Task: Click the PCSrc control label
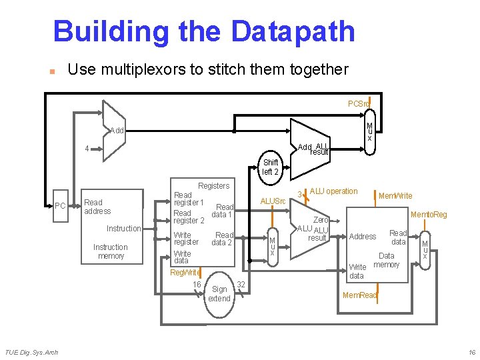pyautogui.click(x=359, y=104)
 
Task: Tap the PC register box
pyautogui.click(x=60, y=205)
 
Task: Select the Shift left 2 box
pyautogui.click(x=271, y=167)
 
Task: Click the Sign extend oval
pyautogui.click(x=219, y=294)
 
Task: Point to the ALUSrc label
pyautogui.click(x=273, y=201)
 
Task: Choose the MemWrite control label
pyautogui.click(x=395, y=196)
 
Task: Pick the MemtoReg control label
pyautogui.click(x=429, y=215)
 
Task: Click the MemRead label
pyautogui.click(x=359, y=295)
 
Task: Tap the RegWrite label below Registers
pyautogui.click(x=185, y=272)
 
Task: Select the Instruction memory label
pyautogui.click(x=111, y=251)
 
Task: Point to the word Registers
pyautogui.click(x=213, y=186)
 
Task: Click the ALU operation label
pyautogui.click(x=333, y=191)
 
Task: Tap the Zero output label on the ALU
pyautogui.click(x=321, y=220)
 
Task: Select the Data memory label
pyautogui.click(x=387, y=260)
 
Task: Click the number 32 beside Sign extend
pyautogui.click(x=241, y=285)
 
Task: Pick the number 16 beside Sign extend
pyautogui.click(x=197, y=285)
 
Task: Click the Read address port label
pyautogui.click(x=93, y=207)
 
